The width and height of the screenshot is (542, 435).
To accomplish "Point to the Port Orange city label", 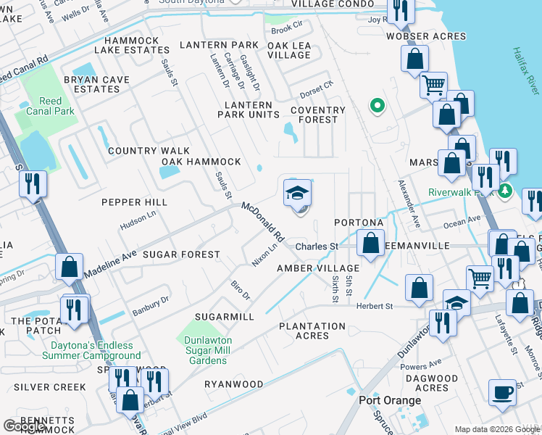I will [x=390, y=400].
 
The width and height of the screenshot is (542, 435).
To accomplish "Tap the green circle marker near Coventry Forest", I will [x=377, y=107].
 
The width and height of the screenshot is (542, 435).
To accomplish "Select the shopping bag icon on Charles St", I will [x=370, y=244].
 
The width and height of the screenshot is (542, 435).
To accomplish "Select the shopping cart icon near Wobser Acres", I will [x=433, y=85].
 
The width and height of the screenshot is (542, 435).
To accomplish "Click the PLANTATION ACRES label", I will [x=312, y=331].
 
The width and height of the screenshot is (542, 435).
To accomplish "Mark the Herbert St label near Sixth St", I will [x=374, y=306].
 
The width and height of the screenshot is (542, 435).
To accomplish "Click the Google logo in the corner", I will [x=24, y=426].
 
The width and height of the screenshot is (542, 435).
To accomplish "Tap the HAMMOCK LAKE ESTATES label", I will [x=137, y=46].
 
